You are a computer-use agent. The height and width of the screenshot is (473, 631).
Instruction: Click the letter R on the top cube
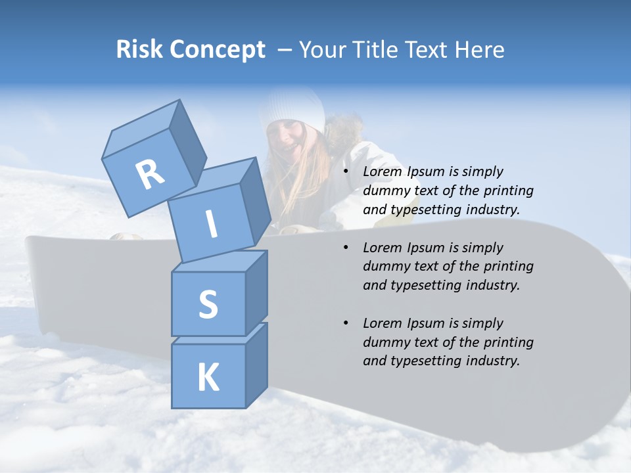point(150,175)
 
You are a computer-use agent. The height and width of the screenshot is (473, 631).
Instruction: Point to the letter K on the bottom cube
point(208,377)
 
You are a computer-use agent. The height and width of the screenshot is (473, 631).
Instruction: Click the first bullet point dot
point(346,172)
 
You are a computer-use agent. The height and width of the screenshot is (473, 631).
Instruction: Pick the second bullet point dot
point(346,248)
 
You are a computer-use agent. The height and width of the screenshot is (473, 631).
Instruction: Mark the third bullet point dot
point(346,324)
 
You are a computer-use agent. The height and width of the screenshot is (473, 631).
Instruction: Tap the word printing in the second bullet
point(508,266)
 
